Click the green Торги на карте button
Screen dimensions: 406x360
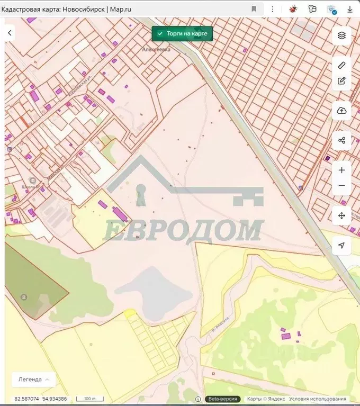point(182,33)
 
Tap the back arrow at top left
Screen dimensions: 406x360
point(10,33)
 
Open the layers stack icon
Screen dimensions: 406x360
point(341,35)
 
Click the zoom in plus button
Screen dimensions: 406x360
point(341,170)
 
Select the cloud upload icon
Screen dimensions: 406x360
point(341,111)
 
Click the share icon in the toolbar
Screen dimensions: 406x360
point(341,140)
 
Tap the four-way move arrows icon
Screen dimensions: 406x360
point(341,215)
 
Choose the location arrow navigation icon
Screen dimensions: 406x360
point(341,245)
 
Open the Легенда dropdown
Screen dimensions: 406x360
point(34,380)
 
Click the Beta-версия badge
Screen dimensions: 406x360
point(223,399)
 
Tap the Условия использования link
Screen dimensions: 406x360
point(318,399)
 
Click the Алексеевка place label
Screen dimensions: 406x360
point(156,49)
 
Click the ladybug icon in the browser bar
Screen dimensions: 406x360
point(292,9)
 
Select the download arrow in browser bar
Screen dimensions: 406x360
point(350,9)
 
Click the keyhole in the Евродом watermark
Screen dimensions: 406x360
point(141,194)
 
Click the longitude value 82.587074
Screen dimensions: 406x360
point(26,399)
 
